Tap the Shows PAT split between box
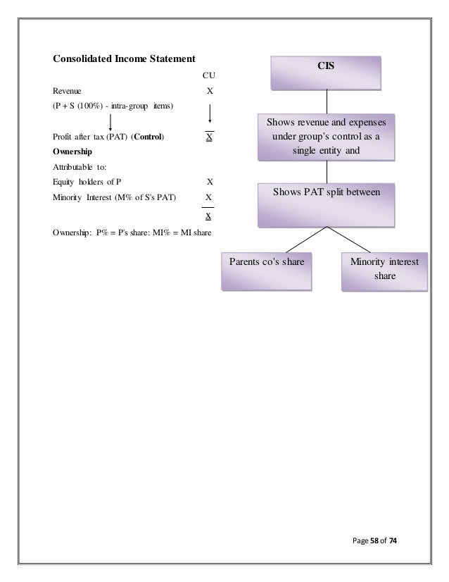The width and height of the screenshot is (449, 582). tap(326, 204)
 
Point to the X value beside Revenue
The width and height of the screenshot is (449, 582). tap(209, 91)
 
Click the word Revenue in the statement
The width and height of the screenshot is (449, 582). tap(67, 91)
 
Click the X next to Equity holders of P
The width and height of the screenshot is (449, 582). tap(210, 182)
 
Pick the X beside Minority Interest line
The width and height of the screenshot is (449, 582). tap(210, 197)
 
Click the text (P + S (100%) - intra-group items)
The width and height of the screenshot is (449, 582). tap(113, 106)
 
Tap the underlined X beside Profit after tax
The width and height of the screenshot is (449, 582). tap(210, 137)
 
